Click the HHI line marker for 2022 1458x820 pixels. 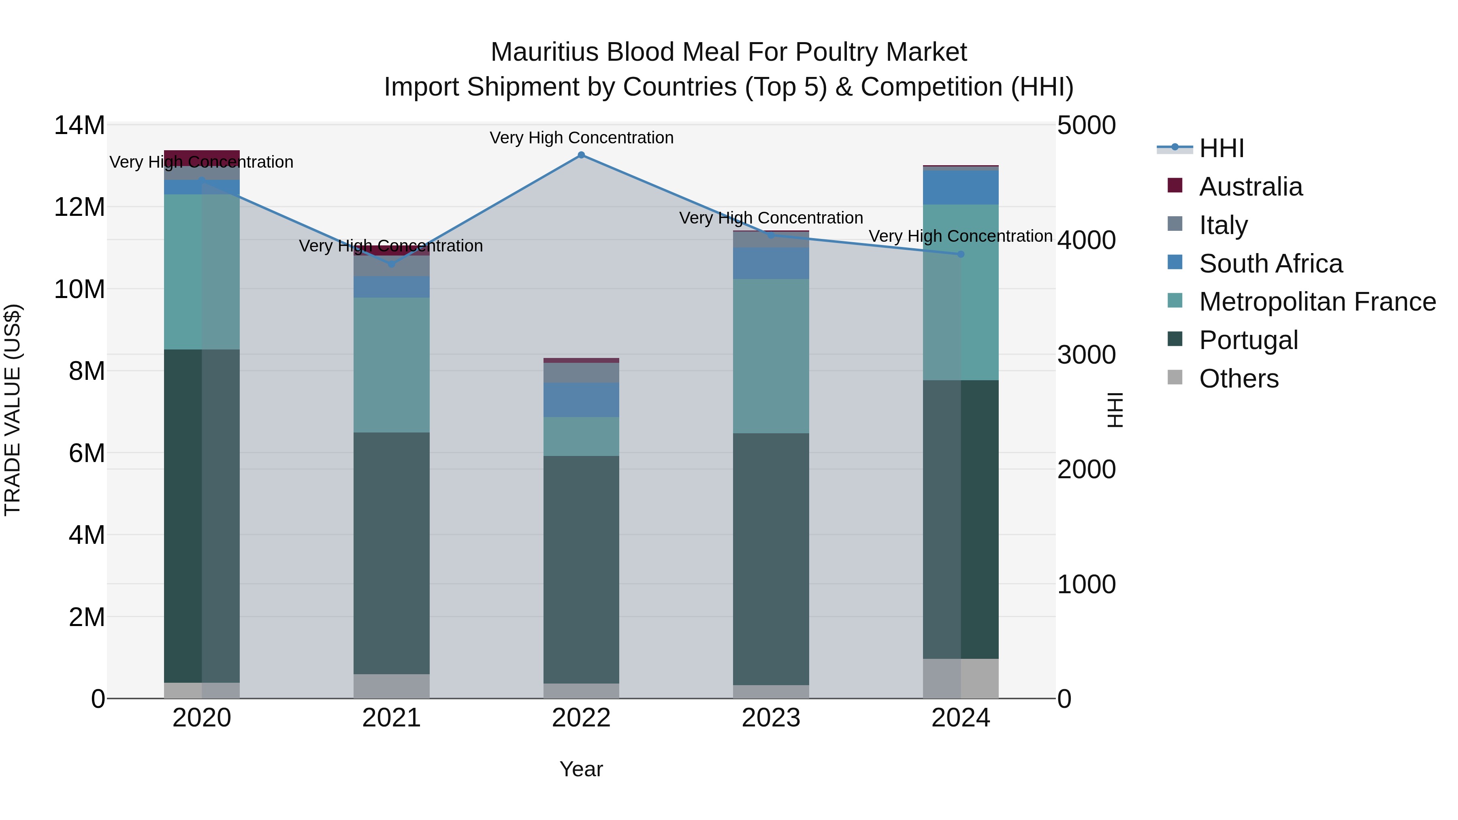[581, 155]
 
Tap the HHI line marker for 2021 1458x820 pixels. [391, 264]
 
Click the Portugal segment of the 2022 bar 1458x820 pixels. [581, 569]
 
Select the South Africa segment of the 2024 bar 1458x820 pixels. [961, 187]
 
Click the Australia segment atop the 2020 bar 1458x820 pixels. [202, 158]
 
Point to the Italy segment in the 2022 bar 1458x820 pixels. [581, 373]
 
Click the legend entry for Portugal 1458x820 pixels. [1248, 340]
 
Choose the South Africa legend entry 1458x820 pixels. [1270, 264]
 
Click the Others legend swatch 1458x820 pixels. [1175, 377]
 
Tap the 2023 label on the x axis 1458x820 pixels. [770, 718]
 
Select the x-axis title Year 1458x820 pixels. [581, 769]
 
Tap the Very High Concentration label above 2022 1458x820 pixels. [581, 138]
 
